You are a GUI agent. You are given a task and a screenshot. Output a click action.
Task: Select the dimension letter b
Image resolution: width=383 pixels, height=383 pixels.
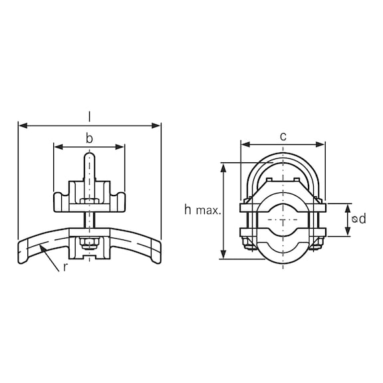click(x=89, y=138)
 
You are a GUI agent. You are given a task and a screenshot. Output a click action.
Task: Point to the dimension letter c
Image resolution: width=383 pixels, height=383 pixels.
click(x=283, y=136)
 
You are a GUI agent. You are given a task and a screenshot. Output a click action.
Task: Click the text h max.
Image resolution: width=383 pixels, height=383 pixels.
click(x=203, y=210)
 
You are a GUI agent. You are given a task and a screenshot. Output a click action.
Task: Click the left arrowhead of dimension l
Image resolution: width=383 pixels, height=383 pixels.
click(x=21, y=125)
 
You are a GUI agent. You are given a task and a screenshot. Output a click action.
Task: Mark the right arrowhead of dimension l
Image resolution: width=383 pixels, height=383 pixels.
click(x=158, y=125)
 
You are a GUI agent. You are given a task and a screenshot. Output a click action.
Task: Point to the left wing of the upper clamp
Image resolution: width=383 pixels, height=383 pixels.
click(x=59, y=198)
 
